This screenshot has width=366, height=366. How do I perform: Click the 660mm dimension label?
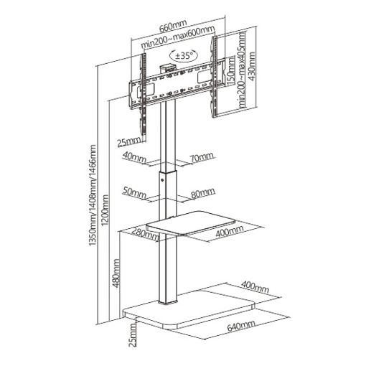[173, 26]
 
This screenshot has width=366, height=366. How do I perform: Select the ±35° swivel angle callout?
[184, 55]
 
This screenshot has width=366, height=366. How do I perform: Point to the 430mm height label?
[252, 66]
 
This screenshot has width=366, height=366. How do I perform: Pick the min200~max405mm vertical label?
[242, 70]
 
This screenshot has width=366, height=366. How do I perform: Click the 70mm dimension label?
[202, 157]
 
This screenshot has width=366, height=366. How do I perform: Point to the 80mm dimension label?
[203, 193]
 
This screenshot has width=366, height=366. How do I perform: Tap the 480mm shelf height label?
[116, 273]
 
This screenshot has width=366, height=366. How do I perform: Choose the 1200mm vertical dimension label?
[105, 210]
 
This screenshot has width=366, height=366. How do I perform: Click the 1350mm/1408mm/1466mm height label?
[93, 195]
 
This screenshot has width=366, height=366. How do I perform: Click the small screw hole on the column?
[162, 180]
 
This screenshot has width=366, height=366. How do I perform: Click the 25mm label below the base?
[133, 335]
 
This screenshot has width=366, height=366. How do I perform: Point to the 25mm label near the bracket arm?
[129, 143]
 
